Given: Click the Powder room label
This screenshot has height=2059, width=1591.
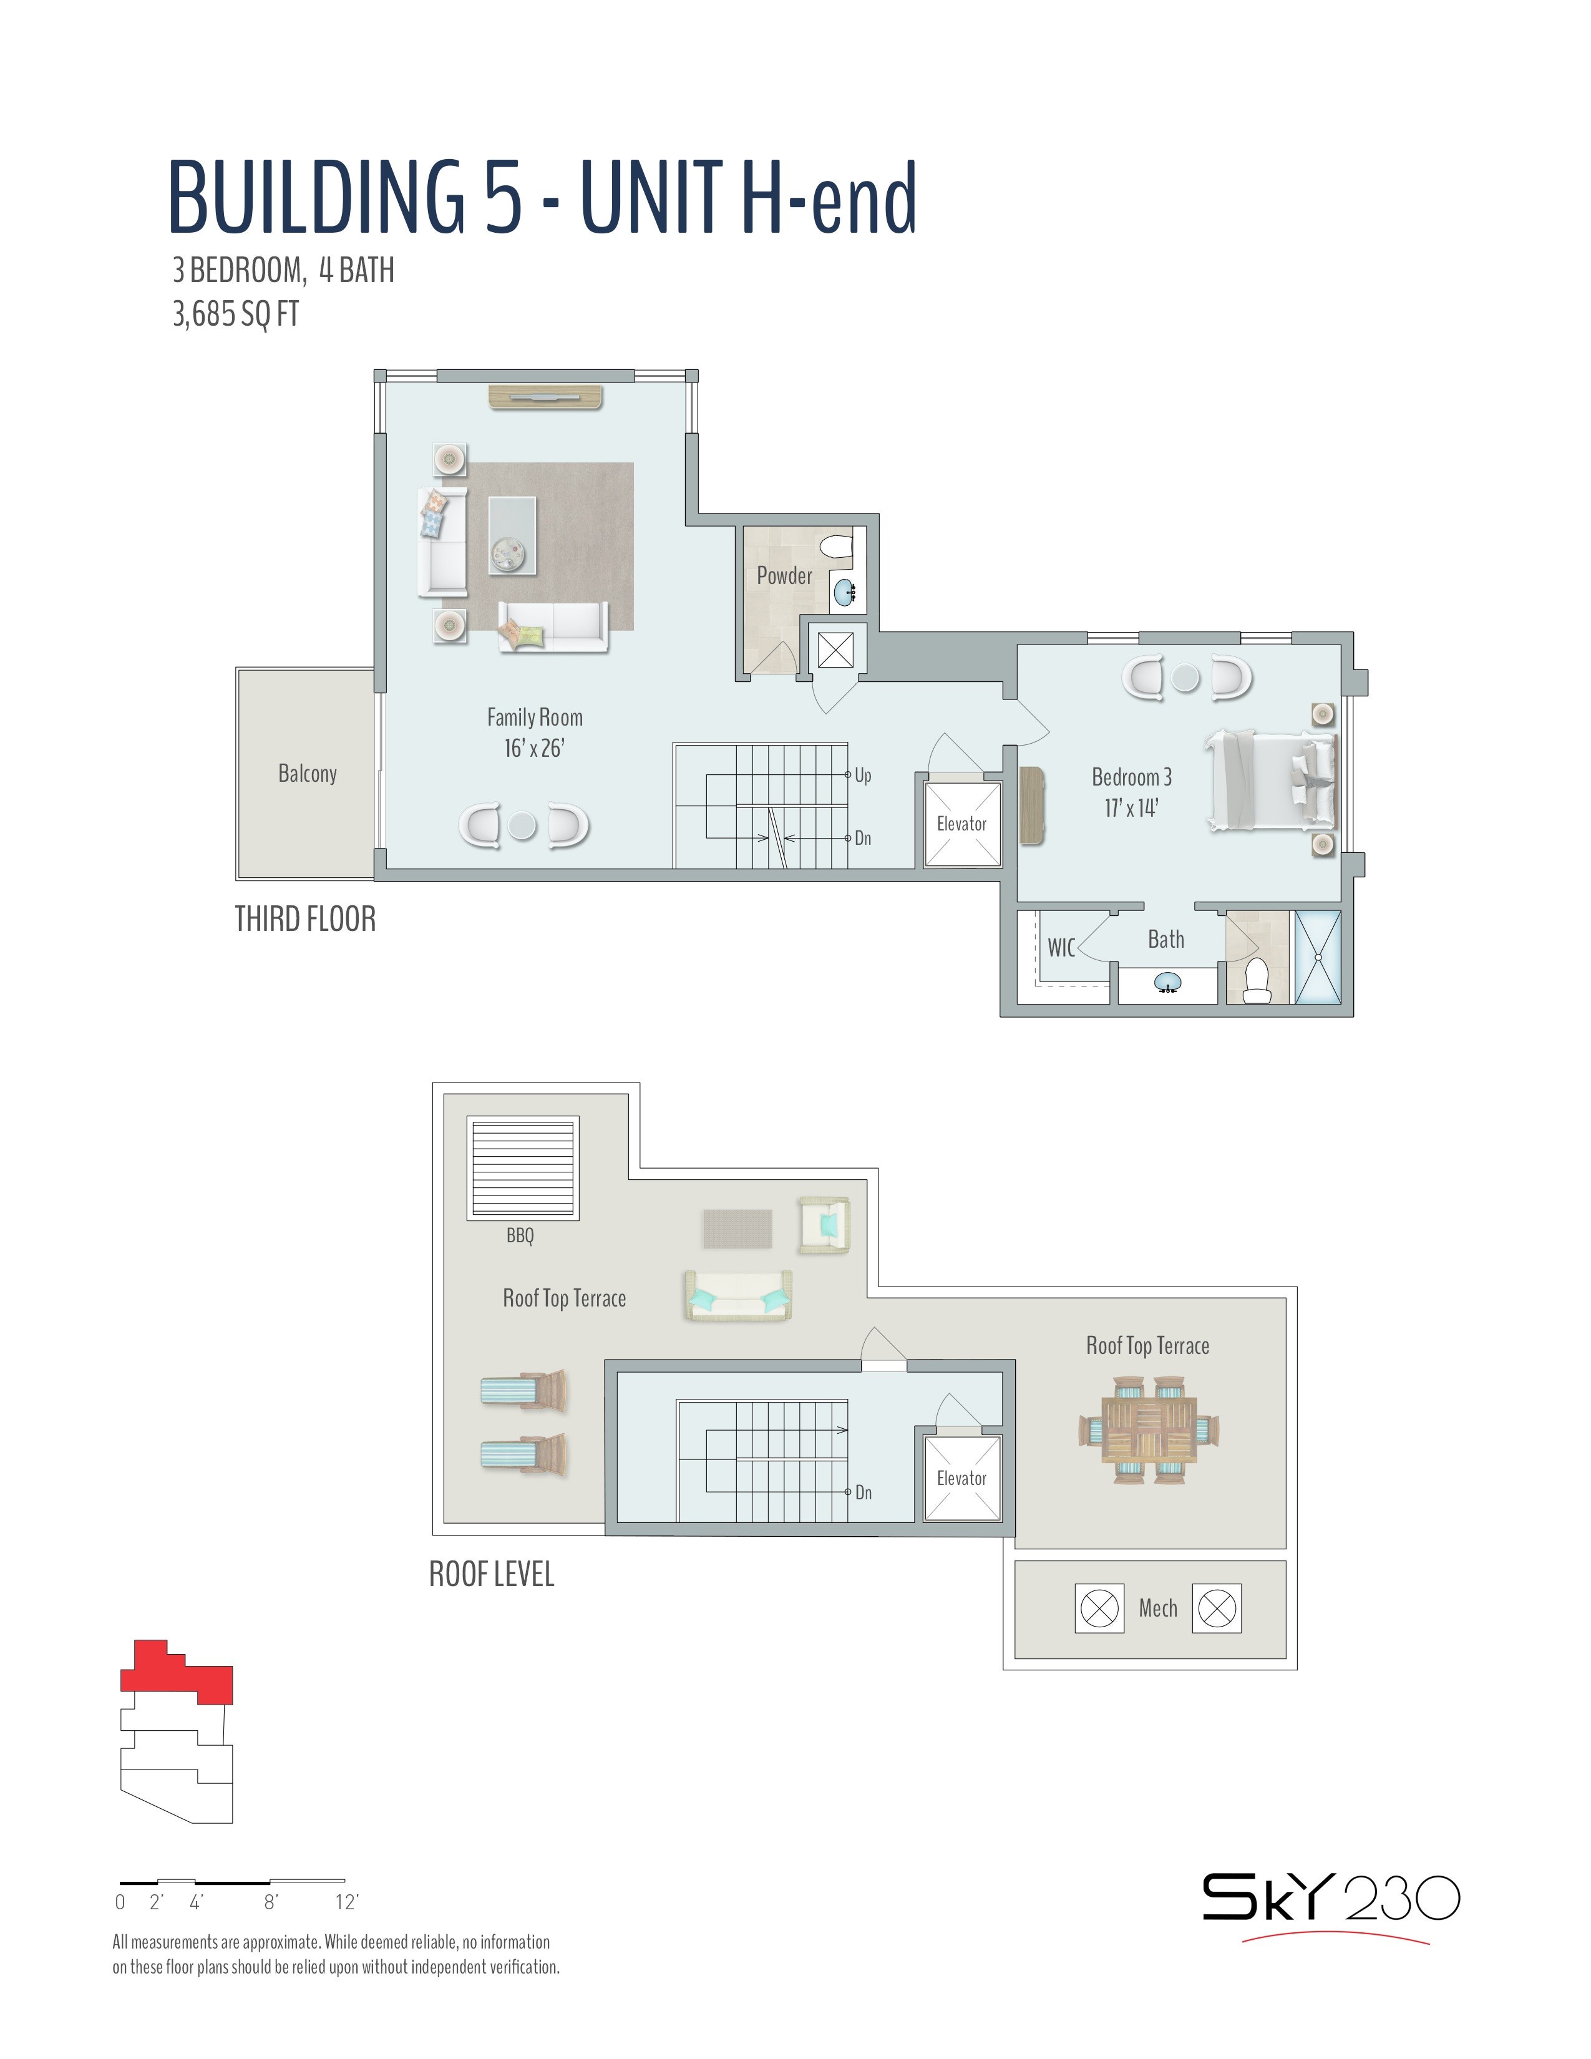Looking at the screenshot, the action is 784,576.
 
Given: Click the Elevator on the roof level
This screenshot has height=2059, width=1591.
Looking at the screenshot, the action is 962,1478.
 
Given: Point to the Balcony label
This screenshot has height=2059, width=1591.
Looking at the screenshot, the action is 307,774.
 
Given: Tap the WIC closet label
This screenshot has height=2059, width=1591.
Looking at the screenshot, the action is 1061,948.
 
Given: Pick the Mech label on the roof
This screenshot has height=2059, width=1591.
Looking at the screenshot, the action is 1157,1609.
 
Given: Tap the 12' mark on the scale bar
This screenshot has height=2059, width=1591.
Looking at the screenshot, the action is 347,1902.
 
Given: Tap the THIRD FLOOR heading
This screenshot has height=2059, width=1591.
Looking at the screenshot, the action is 305,919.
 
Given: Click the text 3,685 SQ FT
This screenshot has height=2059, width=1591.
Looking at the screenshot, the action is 236,314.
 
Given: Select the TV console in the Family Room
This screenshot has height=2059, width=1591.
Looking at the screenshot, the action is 545,397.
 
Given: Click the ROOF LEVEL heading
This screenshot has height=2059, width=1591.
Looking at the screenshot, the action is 492,1574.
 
